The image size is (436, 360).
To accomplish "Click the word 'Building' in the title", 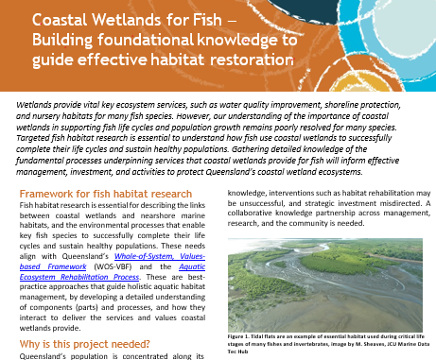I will (63, 39).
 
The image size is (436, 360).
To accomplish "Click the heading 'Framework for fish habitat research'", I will (108, 195).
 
